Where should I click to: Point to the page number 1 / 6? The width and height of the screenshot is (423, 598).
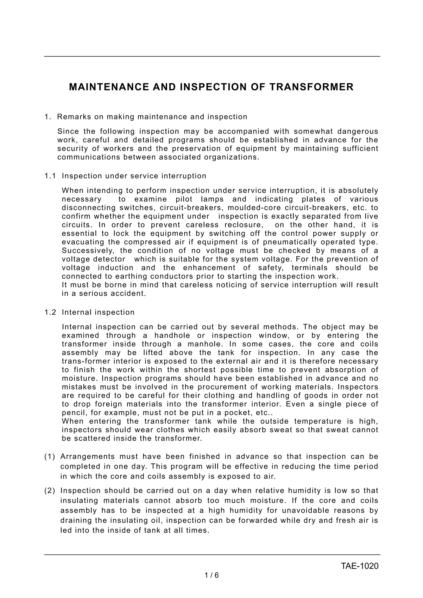[x=212, y=575]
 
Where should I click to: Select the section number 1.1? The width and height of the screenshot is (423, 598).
[x=50, y=176]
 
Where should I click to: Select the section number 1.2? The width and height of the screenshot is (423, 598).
[x=50, y=312]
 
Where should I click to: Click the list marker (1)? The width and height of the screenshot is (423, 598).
[x=50, y=457]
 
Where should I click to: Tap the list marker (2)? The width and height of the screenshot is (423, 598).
[x=50, y=491]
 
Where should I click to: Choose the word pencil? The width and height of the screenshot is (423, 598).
[x=73, y=413]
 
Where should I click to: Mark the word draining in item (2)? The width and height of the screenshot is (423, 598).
[x=76, y=520]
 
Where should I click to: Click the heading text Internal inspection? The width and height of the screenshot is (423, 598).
[x=98, y=312]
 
